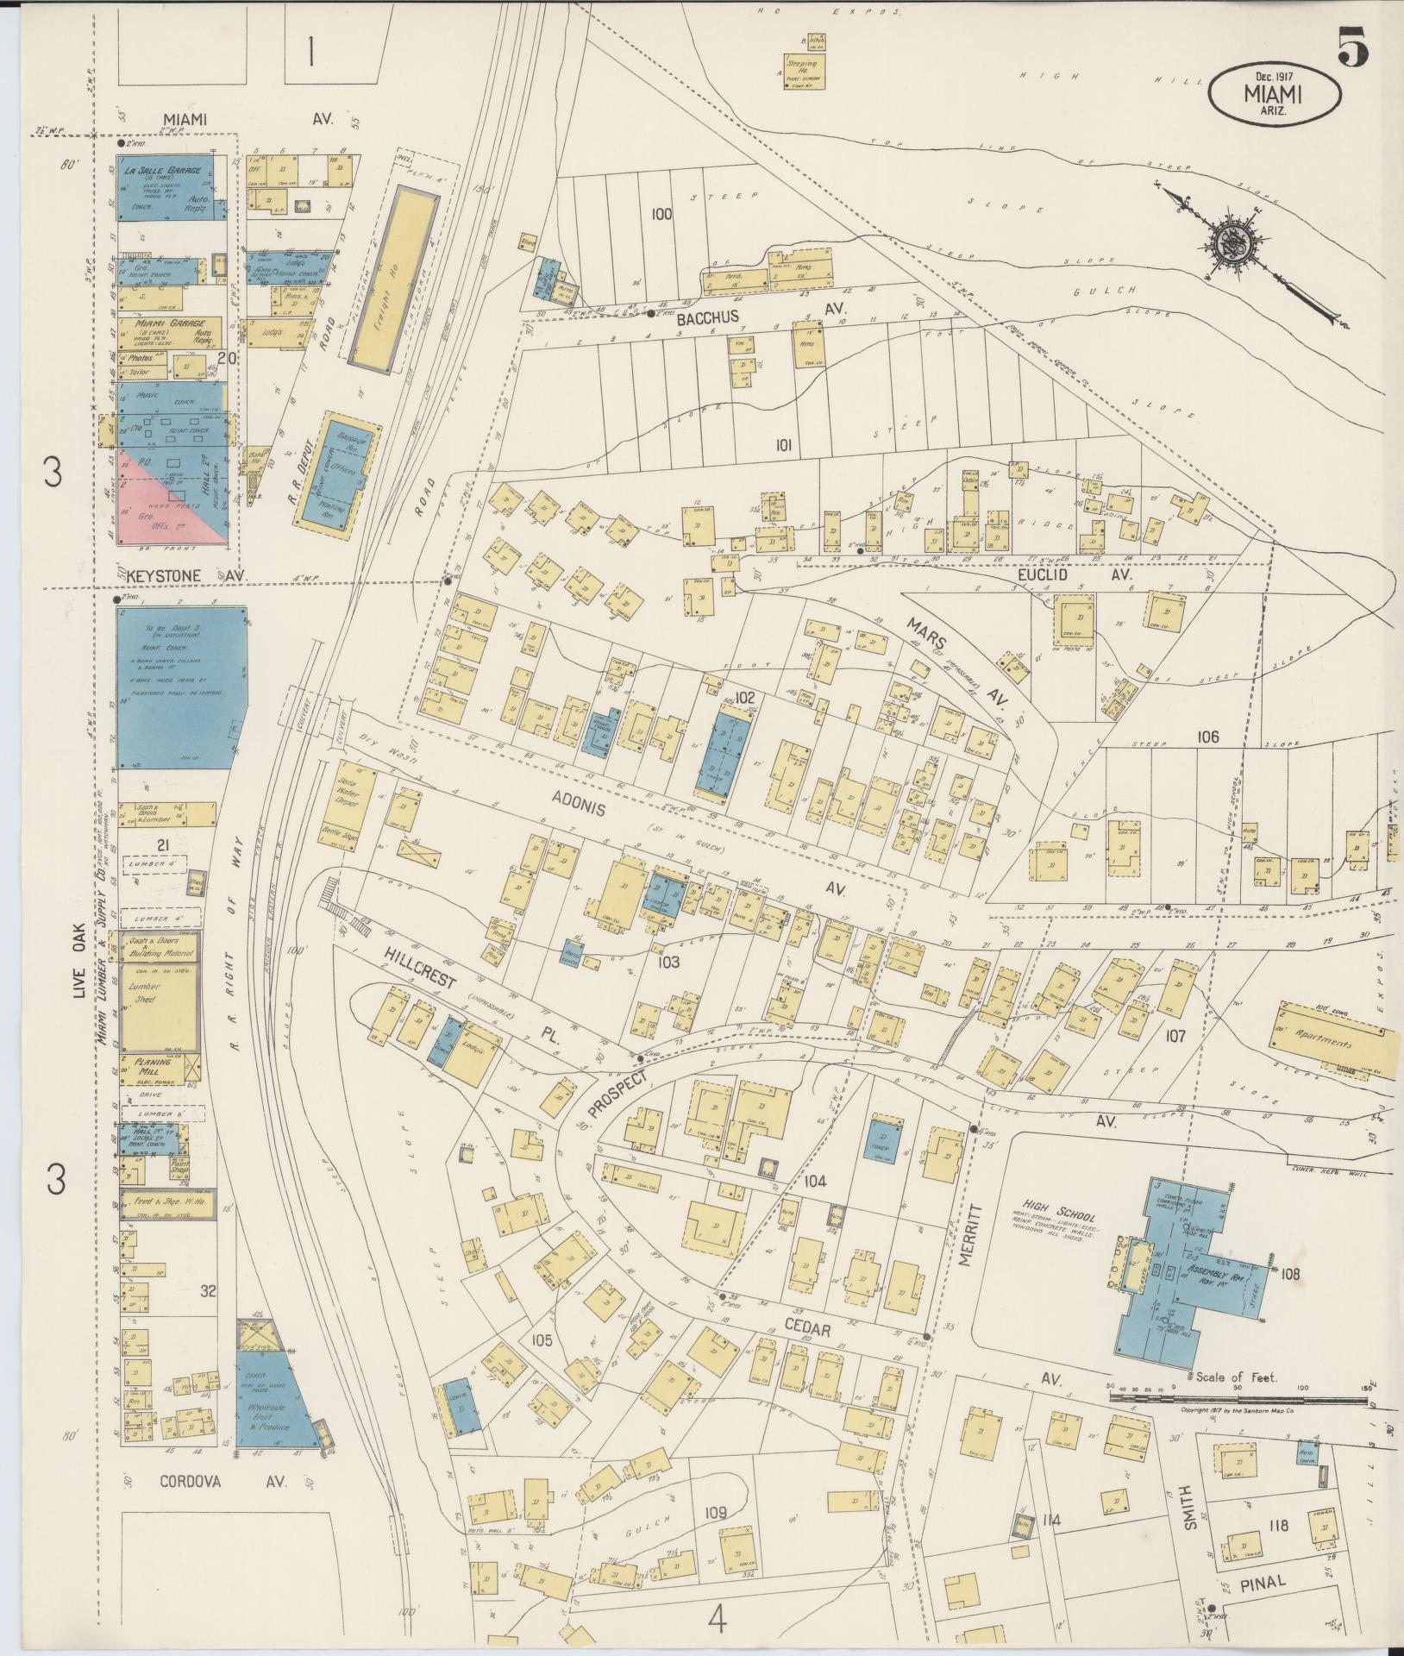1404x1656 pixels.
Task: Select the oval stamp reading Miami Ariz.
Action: pyautogui.click(x=1274, y=94)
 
